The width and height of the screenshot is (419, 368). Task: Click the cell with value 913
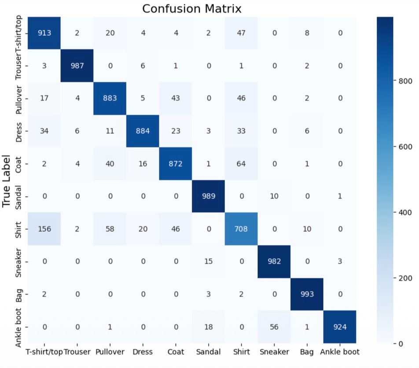[44, 33]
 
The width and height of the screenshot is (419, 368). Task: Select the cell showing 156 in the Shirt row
[44, 229]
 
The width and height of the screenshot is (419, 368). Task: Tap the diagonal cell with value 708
[241, 229]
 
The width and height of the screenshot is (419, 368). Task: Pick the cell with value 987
[77, 66]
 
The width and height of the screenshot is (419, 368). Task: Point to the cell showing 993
[307, 294]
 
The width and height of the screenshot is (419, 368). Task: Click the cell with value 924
[339, 327]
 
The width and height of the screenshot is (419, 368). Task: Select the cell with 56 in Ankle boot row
[274, 327]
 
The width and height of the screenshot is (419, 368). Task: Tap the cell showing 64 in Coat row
[241, 164]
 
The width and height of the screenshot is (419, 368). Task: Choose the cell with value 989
[208, 196]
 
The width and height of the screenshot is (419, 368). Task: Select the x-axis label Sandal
[208, 352]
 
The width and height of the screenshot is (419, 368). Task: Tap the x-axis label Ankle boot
[339, 352]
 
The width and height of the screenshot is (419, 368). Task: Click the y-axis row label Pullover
[18, 99]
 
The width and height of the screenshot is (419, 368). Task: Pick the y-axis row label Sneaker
[18, 261]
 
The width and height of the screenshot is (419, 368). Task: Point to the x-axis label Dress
[143, 352]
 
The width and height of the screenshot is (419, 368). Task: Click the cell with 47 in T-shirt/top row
[241, 33]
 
